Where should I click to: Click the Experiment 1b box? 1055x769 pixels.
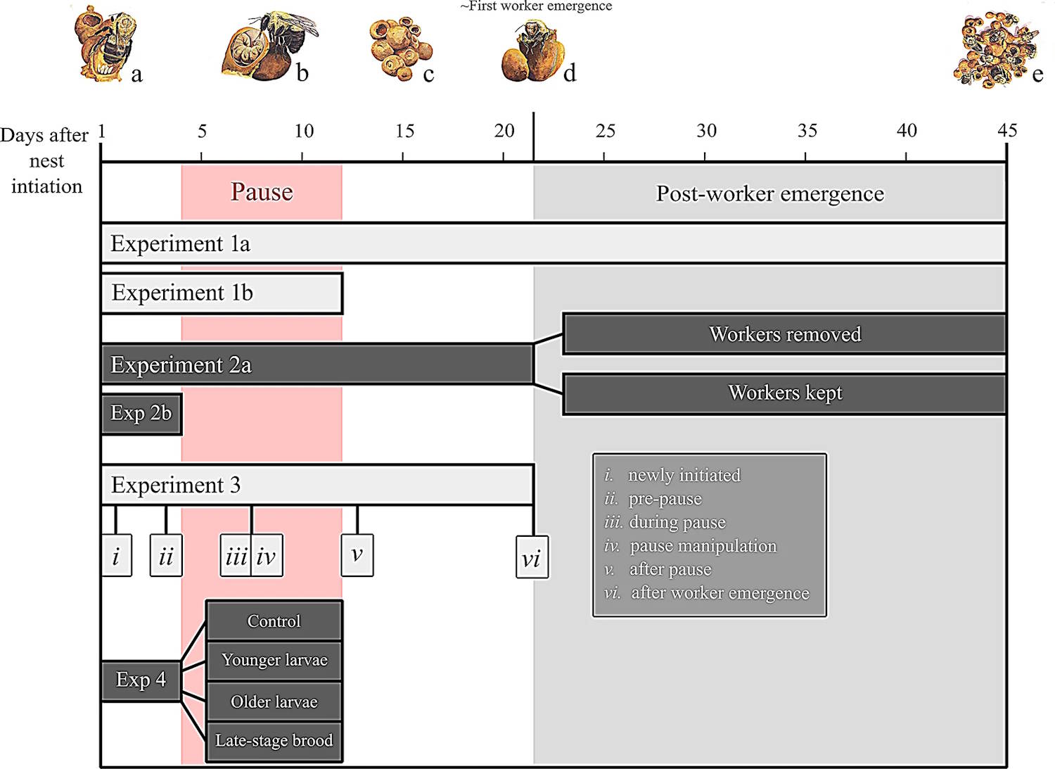point(222,293)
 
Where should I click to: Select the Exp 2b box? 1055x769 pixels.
point(141,414)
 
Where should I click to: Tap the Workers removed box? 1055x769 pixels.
point(784,334)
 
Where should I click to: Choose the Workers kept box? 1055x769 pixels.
point(784,393)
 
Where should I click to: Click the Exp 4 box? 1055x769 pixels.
point(141,680)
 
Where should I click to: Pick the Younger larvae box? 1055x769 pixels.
point(274,661)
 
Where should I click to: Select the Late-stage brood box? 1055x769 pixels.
point(274,741)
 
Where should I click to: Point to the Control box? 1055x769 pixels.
point(274,621)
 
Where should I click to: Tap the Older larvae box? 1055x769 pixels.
point(274,701)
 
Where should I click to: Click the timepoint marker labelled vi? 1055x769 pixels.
point(532,558)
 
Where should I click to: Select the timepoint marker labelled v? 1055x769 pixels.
point(357,555)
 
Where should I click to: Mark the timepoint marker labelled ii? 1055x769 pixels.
point(166,557)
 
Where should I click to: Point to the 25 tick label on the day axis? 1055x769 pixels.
point(606,131)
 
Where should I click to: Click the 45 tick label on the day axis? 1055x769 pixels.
point(1007,130)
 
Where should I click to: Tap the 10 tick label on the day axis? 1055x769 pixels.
point(304,131)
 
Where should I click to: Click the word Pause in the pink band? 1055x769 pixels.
point(262,192)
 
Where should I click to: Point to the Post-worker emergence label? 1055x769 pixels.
point(769,193)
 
